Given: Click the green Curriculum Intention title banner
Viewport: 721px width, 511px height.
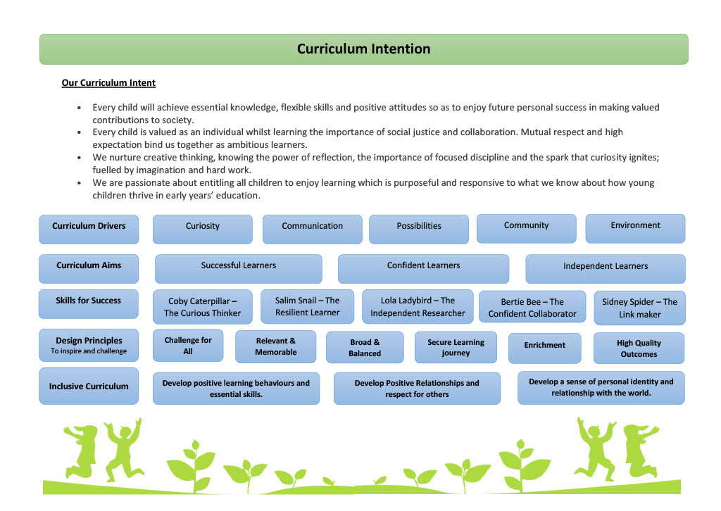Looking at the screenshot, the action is click(x=364, y=49).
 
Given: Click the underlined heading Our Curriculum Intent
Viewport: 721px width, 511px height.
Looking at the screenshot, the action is click(x=108, y=83).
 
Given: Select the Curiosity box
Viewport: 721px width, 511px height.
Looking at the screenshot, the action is click(x=202, y=229).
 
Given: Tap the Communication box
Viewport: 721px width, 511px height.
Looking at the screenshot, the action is click(x=312, y=229).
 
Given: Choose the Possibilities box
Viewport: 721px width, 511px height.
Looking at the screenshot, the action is click(x=419, y=229).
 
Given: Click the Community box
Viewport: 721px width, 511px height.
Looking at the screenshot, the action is click(x=527, y=228).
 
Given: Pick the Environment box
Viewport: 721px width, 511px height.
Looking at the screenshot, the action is click(x=636, y=228).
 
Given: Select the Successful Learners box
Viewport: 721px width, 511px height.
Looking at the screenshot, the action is click(x=239, y=269).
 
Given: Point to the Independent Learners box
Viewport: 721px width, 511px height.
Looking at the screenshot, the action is click(x=606, y=269).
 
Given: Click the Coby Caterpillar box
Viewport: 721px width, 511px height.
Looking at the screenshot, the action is click(x=202, y=307).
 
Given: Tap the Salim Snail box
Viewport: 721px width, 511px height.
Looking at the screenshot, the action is click(x=307, y=306).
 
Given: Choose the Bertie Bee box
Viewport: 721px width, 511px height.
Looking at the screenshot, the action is click(x=532, y=308).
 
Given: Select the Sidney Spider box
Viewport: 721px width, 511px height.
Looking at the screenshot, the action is click(x=639, y=308).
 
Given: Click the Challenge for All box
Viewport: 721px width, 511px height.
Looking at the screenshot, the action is click(x=188, y=346).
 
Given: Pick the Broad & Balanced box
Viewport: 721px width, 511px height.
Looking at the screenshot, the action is click(x=365, y=348).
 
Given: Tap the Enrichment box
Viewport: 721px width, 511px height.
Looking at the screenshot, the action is click(x=545, y=348).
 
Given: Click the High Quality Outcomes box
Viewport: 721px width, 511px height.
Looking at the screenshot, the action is click(x=639, y=348).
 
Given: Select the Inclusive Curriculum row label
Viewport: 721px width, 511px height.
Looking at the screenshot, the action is click(x=89, y=386).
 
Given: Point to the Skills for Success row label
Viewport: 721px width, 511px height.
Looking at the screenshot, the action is click(x=89, y=304).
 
